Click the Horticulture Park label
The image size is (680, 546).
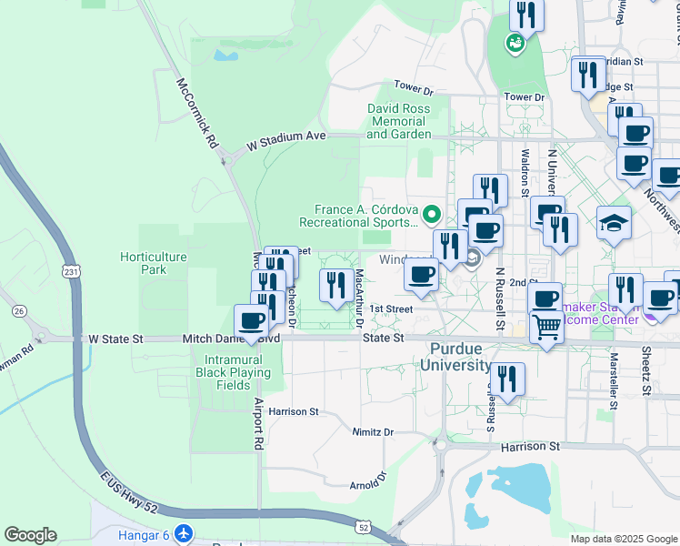click(x=154, y=263)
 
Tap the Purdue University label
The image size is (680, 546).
click(x=462, y=356)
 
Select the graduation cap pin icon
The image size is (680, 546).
click(x=614, y=222)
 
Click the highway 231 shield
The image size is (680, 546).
click(x=73, y=271)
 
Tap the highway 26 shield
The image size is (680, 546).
click(x=19, y=312)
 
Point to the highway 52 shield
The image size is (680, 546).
click(x=364, y=527)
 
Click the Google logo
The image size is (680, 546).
click(x=31, y=534)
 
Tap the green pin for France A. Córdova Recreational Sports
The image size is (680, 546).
click(x=432, y=216)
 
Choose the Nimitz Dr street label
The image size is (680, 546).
click(x=375, y=432)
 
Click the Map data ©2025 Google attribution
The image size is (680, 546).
click(x=623, y=539)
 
